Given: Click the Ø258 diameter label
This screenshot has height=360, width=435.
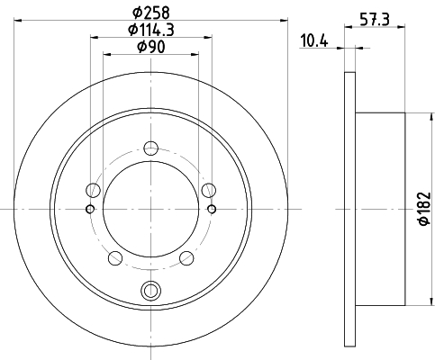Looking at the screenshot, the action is [151, 13].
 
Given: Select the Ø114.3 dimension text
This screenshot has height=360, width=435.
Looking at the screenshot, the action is [151, 30].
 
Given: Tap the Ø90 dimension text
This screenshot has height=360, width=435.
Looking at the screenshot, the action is [151, 47].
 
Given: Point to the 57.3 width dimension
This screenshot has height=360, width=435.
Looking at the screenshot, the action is [375, 20].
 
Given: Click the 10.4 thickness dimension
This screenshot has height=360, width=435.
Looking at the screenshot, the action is [314, 40].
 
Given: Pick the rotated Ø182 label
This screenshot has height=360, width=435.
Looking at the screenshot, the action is [424, 209].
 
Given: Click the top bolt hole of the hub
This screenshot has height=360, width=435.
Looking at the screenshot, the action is [150, 148].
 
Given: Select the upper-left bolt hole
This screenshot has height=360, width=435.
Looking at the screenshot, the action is [93, 190].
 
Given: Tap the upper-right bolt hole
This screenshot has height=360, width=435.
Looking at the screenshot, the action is [209, 190].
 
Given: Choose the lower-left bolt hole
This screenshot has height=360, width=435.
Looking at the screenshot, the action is [115, 258].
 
